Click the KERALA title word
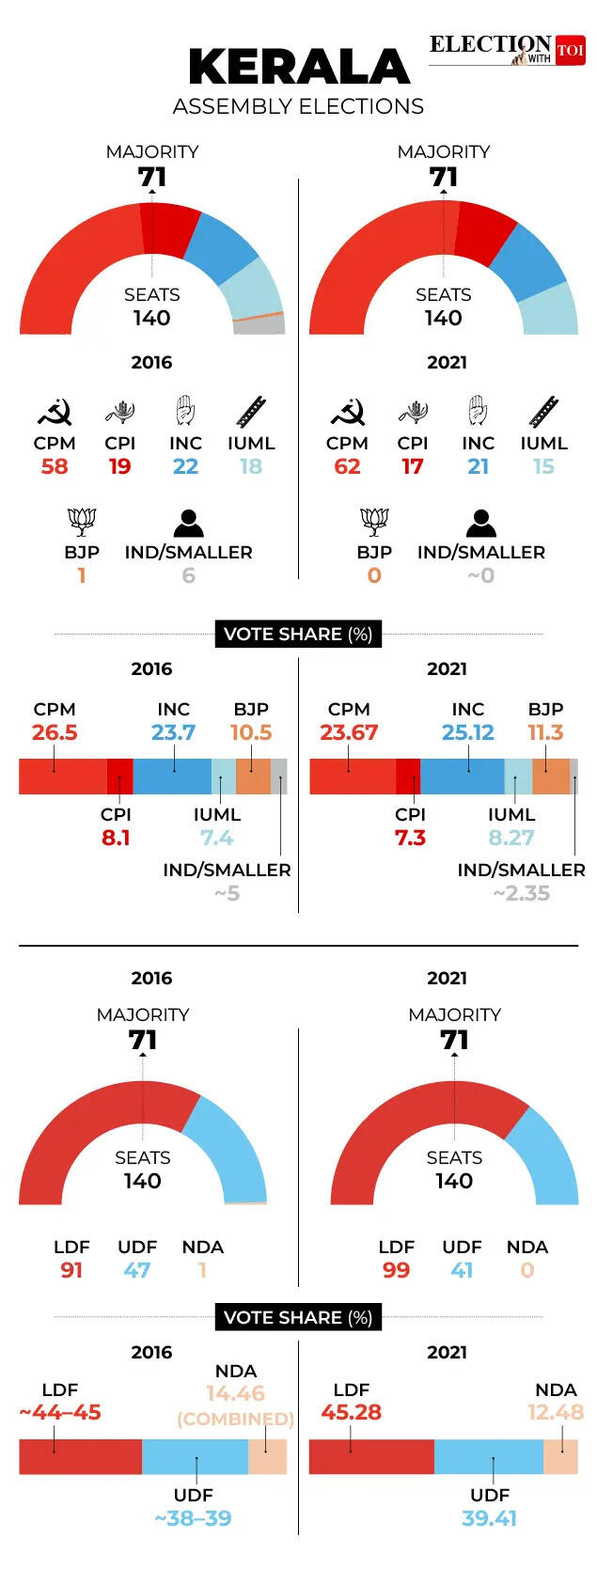[299, 68]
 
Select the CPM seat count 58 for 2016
[55, 466]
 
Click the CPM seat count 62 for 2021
[347, 466]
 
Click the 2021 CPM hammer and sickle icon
[347, 412]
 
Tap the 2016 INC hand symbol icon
[185, 411]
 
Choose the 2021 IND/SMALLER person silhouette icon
[480, 522]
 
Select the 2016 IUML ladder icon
[251, 412]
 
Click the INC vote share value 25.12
[467, 732]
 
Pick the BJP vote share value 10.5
[251, 732]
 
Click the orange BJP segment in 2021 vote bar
[551, 777]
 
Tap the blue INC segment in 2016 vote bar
[172, 777]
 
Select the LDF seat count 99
[396, 1270]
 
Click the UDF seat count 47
[137, 1270]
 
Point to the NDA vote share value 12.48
[555, 1412]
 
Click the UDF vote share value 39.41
[490, 1518]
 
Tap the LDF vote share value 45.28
[351, 1412]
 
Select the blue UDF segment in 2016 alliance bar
[195, 1456]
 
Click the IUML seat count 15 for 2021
[543, 466]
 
